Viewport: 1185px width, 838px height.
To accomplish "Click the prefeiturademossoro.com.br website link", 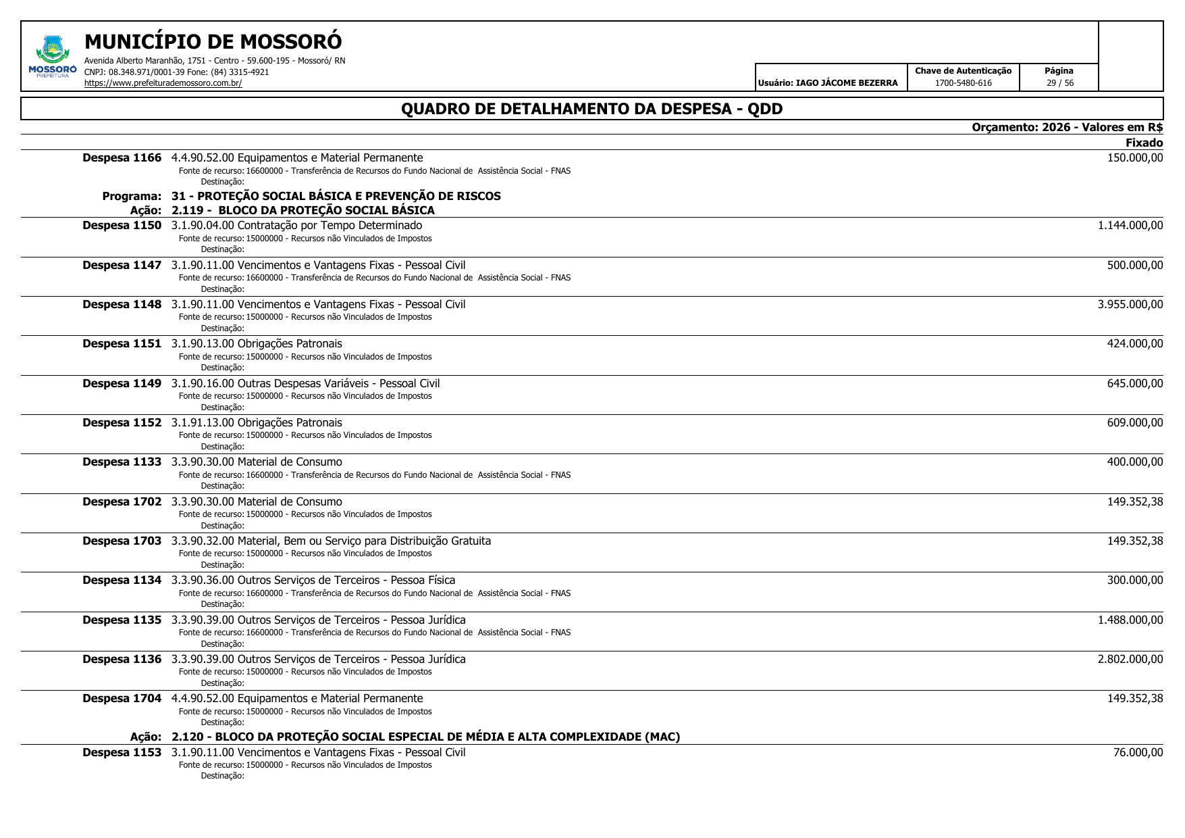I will tap(163, 83).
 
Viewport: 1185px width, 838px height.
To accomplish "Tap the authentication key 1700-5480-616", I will tap(963, 83).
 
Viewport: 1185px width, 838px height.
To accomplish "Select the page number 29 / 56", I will tap(1059, 83).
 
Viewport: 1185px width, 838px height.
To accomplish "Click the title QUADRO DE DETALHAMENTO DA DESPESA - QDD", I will tap(591, 109).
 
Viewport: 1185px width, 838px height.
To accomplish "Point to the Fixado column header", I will tap(1144, 143).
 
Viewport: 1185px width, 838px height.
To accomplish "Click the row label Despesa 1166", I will tap(122, 158).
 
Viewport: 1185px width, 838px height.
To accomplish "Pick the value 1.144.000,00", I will tap(1130, 226).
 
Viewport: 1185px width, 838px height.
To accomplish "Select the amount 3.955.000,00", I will tap(1130, 305).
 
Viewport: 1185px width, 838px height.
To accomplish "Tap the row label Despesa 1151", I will tap(122, 344).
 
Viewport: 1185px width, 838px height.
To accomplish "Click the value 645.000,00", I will tap(1134, 384).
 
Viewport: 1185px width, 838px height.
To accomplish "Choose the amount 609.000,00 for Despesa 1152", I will tap(1134, 423).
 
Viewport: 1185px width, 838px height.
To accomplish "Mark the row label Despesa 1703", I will tap(122, 541).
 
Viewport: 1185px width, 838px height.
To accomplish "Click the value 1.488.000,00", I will tap(1130, 620).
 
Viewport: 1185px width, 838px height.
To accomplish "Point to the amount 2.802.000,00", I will tap(1130, 660).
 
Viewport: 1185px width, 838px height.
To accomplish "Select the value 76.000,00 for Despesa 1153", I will tap(1138, 753).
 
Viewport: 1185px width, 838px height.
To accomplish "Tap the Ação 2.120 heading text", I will tap(425, 737).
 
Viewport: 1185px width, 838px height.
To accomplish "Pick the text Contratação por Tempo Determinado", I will tap(330, 226).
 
